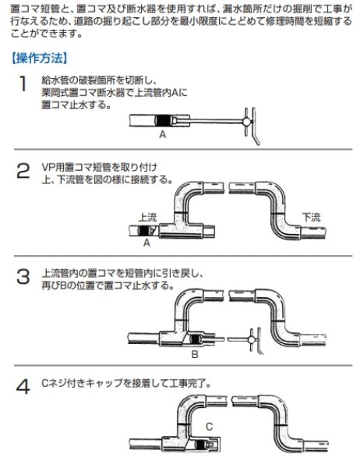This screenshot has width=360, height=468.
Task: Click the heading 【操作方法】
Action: pyautogui.click(x=41, y=58)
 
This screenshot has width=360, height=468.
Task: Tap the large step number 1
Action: pyautogui.click(x=24, y=83)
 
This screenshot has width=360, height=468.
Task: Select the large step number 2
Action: pyautogui.click(x=24, y=171)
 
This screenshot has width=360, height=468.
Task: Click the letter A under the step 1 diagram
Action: pyautogui.click(x=162, y=134)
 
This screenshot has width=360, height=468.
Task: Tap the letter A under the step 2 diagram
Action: pyautogui.click(x=146, y=243)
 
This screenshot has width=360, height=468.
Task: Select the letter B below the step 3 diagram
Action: pyautogui.click(x=196, y=353)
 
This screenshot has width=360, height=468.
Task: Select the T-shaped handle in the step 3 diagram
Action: pyautogui.click(x=251, y=339)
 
